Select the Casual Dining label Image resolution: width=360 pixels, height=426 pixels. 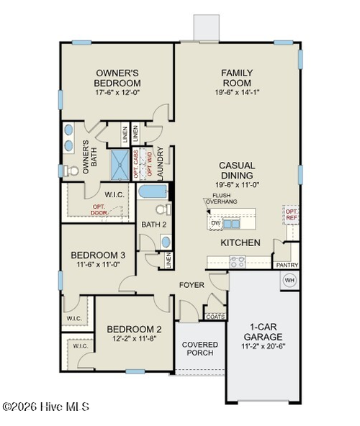point(236,170)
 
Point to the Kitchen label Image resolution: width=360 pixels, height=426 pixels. point(240,243)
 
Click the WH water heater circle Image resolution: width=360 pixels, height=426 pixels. point(290,281)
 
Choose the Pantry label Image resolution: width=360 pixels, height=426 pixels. point(287,266)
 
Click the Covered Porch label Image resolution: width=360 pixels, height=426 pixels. point(199,349)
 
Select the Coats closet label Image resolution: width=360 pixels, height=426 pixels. point(215,316)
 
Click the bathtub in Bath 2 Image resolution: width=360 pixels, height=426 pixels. point(152,194)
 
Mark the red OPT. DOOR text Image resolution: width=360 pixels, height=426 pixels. point(99,209)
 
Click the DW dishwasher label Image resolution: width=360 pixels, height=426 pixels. point(215,223)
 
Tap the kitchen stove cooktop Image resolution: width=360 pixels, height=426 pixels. point(238,262)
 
